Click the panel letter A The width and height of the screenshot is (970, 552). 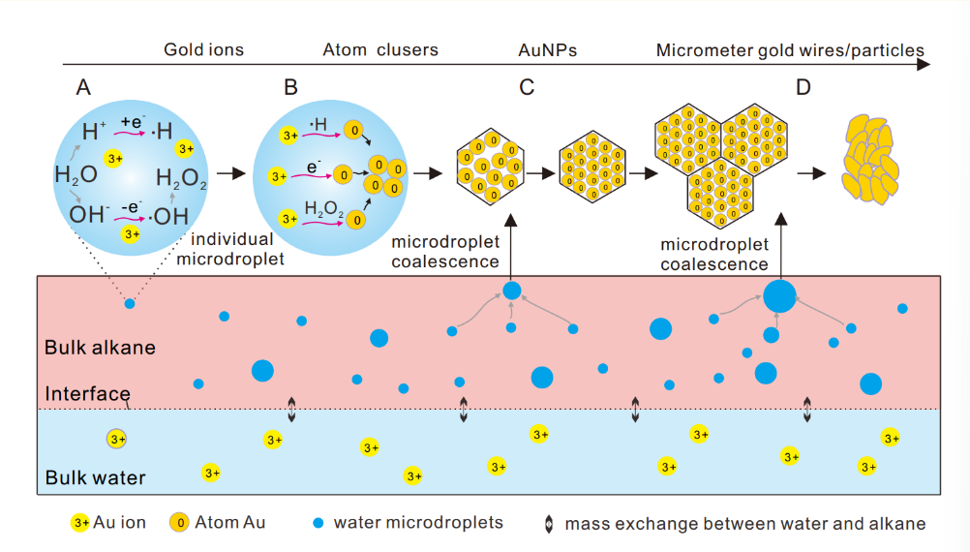84,88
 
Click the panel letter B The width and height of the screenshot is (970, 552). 290,88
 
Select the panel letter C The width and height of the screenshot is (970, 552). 527,88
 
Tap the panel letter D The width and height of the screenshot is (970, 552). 803,88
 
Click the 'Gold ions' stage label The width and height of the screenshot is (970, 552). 203,50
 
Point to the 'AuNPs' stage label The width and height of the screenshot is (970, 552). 548,50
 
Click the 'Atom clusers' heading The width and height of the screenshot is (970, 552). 379,50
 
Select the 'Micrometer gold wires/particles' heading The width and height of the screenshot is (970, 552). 790,50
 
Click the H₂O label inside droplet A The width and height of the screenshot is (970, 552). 75,175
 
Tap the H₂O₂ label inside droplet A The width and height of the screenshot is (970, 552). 181,178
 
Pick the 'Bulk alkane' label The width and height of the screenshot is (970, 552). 100,347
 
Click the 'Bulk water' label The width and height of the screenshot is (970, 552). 95,477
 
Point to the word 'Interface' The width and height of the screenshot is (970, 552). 87,394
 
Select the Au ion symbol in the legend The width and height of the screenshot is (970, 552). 80,523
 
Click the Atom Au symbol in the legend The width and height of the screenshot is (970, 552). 178,523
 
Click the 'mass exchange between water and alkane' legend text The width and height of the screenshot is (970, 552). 744,524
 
